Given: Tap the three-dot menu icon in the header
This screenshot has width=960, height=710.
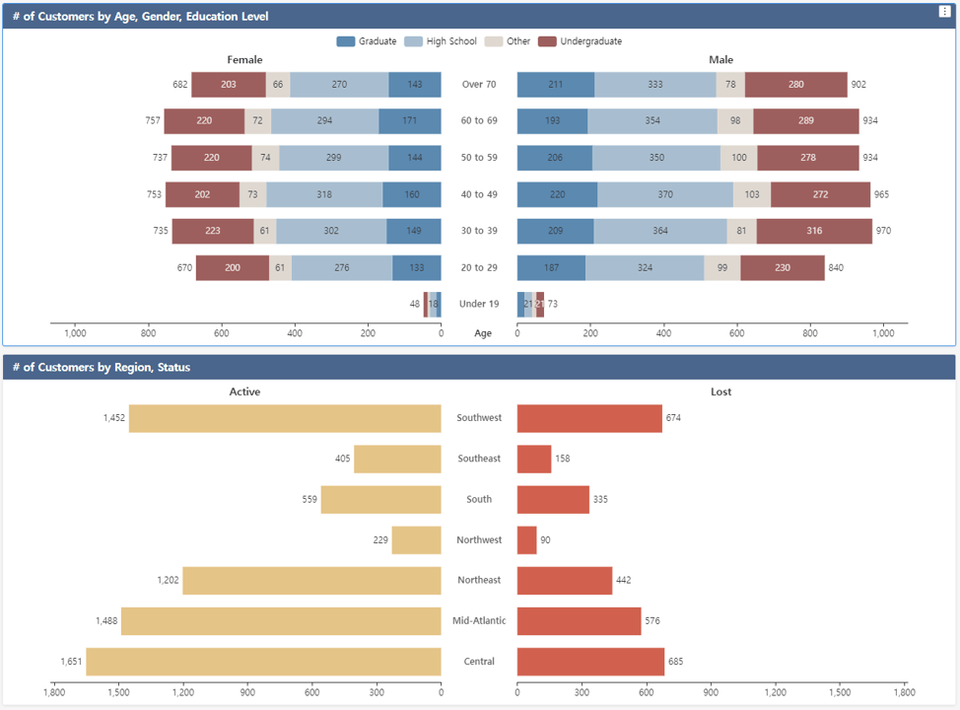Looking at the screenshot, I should (945, 12).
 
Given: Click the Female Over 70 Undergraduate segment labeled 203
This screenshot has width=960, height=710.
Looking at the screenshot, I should (228, 85).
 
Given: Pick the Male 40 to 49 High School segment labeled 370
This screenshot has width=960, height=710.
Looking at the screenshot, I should (665, 195).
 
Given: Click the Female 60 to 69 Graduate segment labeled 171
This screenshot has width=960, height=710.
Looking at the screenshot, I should (410, 121).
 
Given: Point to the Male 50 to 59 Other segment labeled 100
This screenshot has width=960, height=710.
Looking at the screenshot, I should (738, 158).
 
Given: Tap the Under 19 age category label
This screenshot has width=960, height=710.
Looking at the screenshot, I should (479, 305).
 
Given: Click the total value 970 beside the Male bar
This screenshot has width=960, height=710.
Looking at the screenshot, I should (884, 232).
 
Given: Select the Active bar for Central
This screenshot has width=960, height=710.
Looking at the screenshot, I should (263, 662).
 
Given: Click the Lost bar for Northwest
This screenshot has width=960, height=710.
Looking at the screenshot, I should (526, 540).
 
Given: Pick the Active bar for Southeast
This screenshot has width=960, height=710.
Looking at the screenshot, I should (397, 459).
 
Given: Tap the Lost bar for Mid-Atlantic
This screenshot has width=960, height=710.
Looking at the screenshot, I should (579, 621).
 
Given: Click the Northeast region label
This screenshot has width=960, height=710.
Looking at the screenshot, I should (479, 581).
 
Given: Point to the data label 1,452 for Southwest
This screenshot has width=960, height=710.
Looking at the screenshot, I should (114, 418).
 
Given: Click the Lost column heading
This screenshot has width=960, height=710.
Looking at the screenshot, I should (721, 391).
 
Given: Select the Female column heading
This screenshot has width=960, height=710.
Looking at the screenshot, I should (244, 60).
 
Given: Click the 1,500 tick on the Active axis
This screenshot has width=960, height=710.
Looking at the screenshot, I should (118, 693).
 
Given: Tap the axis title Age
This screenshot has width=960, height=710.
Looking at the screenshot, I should (483, 333).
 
